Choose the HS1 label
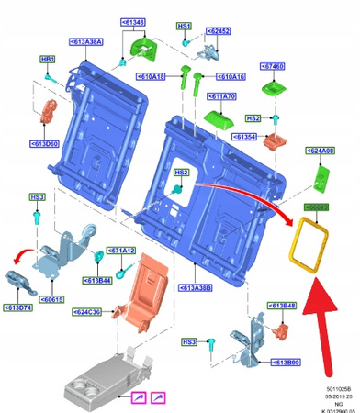tap(184, 28)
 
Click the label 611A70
tap(224, 95)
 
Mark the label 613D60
tap(46, 144)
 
